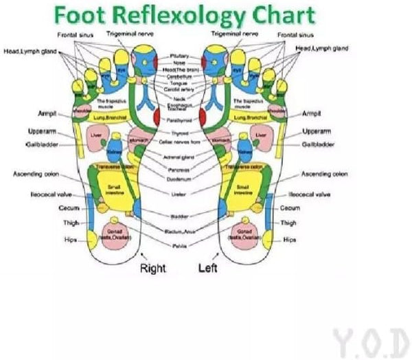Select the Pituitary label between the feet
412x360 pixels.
click(180, 56)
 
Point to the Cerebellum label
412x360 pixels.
click(180, 77)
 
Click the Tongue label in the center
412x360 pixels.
click(180, 83)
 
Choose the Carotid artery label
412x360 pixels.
click(180, 89)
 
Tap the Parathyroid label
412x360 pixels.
click(180, 120)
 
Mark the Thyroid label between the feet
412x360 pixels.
click(180, 133)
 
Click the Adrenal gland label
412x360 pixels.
click(180, 157)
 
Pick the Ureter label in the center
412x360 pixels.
click(180, 194)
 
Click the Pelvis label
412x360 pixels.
click(180, 244)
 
